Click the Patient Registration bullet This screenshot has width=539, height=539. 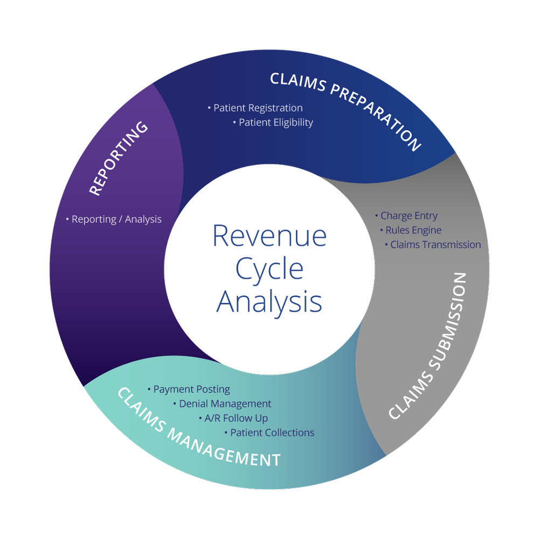[x=255, y=108]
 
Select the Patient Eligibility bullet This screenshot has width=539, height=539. [x=273, y=123]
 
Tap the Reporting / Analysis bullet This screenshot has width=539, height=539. [x=114, y=219]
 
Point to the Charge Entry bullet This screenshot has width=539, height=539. [x=406, y=216]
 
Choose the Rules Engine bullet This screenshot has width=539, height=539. [x=411, y=230]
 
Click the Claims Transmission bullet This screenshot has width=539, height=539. [x=433, y=245]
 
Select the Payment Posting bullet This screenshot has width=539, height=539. [x=189, y=389]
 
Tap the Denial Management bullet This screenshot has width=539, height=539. [x=222, y=404]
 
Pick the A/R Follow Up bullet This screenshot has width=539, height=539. [x=233, y=418]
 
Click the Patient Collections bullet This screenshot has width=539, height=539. [x=269, y=433]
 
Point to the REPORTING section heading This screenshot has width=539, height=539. [x=119, y=158]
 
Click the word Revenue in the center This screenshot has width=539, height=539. [x=270, y=236]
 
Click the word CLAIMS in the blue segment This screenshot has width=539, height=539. [x=296, y=82]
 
